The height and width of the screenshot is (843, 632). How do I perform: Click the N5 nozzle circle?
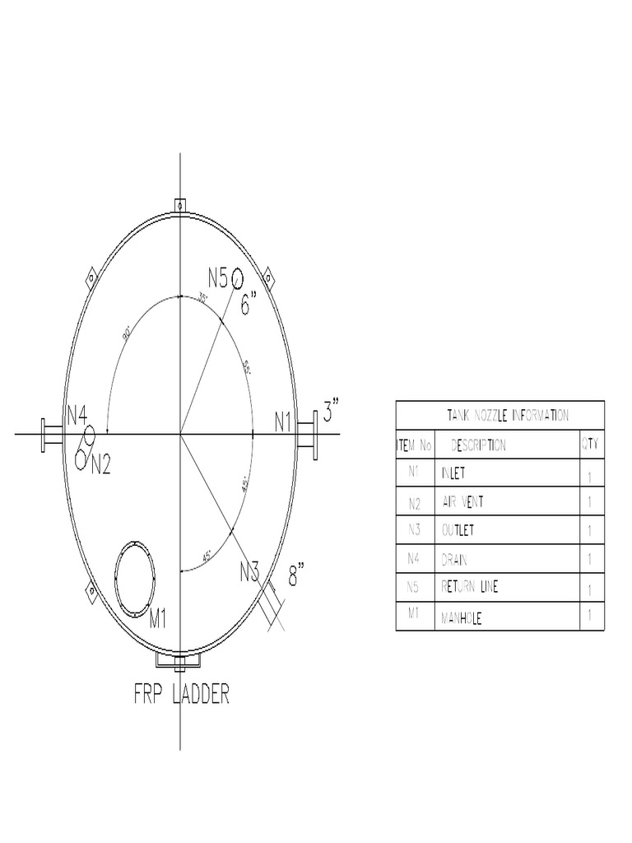pyautogui.click(x=237, y=278)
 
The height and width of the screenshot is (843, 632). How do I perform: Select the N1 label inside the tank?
pyautogui.click(x=283, y=422)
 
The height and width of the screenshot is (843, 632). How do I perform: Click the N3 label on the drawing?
pyautogui.click(x=249, y=570)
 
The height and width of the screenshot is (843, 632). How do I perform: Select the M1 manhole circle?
pyautogui.click(x=134, y=577)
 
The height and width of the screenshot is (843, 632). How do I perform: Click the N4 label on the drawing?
pyautogui.click(x=77, y=416)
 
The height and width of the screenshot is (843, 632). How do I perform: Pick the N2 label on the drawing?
pyautogui.click(x=100, y=465)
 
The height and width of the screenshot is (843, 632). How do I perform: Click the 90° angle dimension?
pyautogui.click(x=128, y=334)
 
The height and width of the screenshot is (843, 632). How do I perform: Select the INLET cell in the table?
pyautogui.click(x=458, y=474)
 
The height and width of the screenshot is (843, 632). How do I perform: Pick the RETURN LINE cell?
pyautogui.click(x=470, y=588)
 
